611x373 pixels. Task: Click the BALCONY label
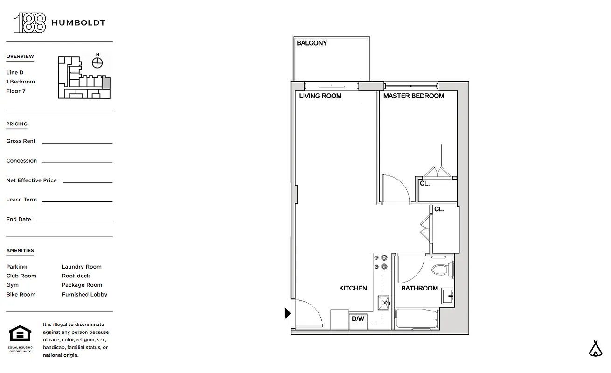click(312, 43)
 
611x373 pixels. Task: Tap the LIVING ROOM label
click(320, 96)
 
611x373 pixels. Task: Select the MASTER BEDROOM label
click(414, 96)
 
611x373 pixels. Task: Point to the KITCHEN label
click(353, 289)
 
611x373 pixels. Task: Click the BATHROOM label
click(419, 289)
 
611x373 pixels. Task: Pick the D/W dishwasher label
click(358, 319)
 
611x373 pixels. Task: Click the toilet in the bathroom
click(441, 269)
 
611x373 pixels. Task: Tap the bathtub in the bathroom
click(417, 319)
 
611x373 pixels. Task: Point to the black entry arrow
click(287, 313)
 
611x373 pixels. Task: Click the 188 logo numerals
click(30, 23)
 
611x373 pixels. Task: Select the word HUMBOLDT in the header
click(78, 23)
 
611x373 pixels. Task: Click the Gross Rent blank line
click(77, 143)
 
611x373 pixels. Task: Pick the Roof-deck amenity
click(76, 276)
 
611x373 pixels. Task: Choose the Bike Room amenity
click(21, 295)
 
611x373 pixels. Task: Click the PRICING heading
click(17, 124)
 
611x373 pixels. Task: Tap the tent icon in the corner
click(595, 349)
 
